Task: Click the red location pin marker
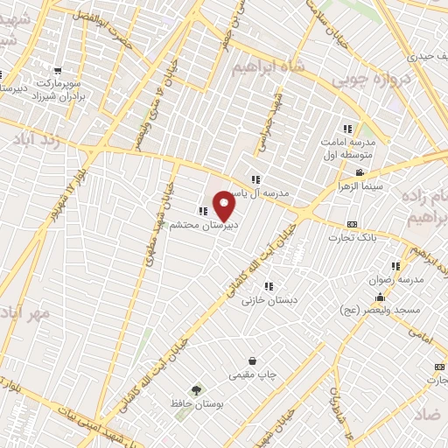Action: [225, 206]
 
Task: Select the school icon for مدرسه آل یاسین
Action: [255, 179]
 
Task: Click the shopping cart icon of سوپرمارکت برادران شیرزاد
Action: [58, 71]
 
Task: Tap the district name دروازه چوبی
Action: [368, 80]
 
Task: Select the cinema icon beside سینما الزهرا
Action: [360, 172]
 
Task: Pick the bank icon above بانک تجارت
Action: [352, 224]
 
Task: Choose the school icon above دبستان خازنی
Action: [269, 285]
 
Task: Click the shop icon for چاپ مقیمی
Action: [253, 360]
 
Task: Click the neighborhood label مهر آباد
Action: [21, 312]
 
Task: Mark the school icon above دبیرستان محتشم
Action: [203, 211]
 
